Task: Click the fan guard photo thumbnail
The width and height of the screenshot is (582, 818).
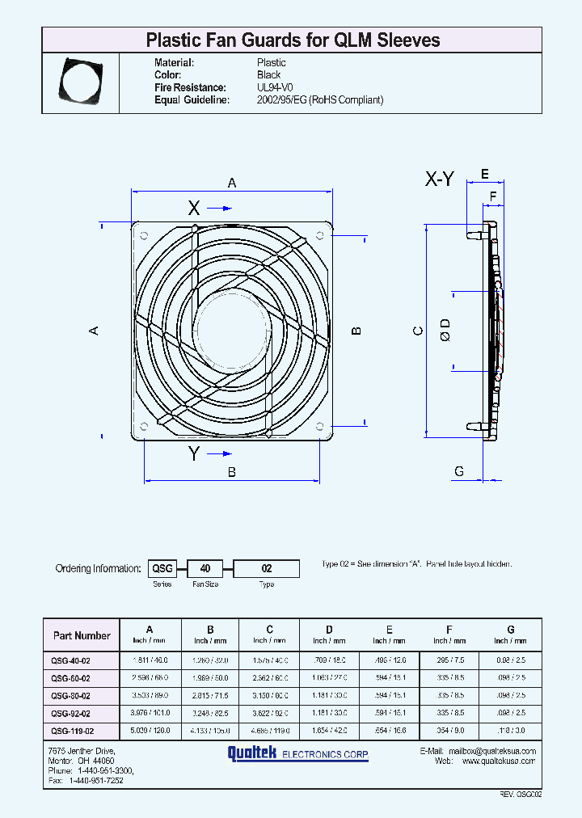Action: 80,81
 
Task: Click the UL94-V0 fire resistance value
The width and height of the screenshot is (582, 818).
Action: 275,87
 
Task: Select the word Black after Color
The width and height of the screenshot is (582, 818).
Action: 268,75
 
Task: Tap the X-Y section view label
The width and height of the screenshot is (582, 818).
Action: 441,180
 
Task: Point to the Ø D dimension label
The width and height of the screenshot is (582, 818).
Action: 445,329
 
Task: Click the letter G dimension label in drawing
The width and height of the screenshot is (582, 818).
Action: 459,471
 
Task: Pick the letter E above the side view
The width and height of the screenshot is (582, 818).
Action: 485,175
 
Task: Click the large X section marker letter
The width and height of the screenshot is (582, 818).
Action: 194,208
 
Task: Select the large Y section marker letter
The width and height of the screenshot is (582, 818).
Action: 194,454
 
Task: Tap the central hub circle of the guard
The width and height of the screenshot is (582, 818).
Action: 231,331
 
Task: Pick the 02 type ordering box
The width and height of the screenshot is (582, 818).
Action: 267,568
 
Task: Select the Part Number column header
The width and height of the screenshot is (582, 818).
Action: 82,635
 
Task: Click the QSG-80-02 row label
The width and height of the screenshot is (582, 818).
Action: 71,696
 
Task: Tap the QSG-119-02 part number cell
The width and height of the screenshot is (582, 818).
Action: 72,731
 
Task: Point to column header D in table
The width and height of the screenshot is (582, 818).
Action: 329,630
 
